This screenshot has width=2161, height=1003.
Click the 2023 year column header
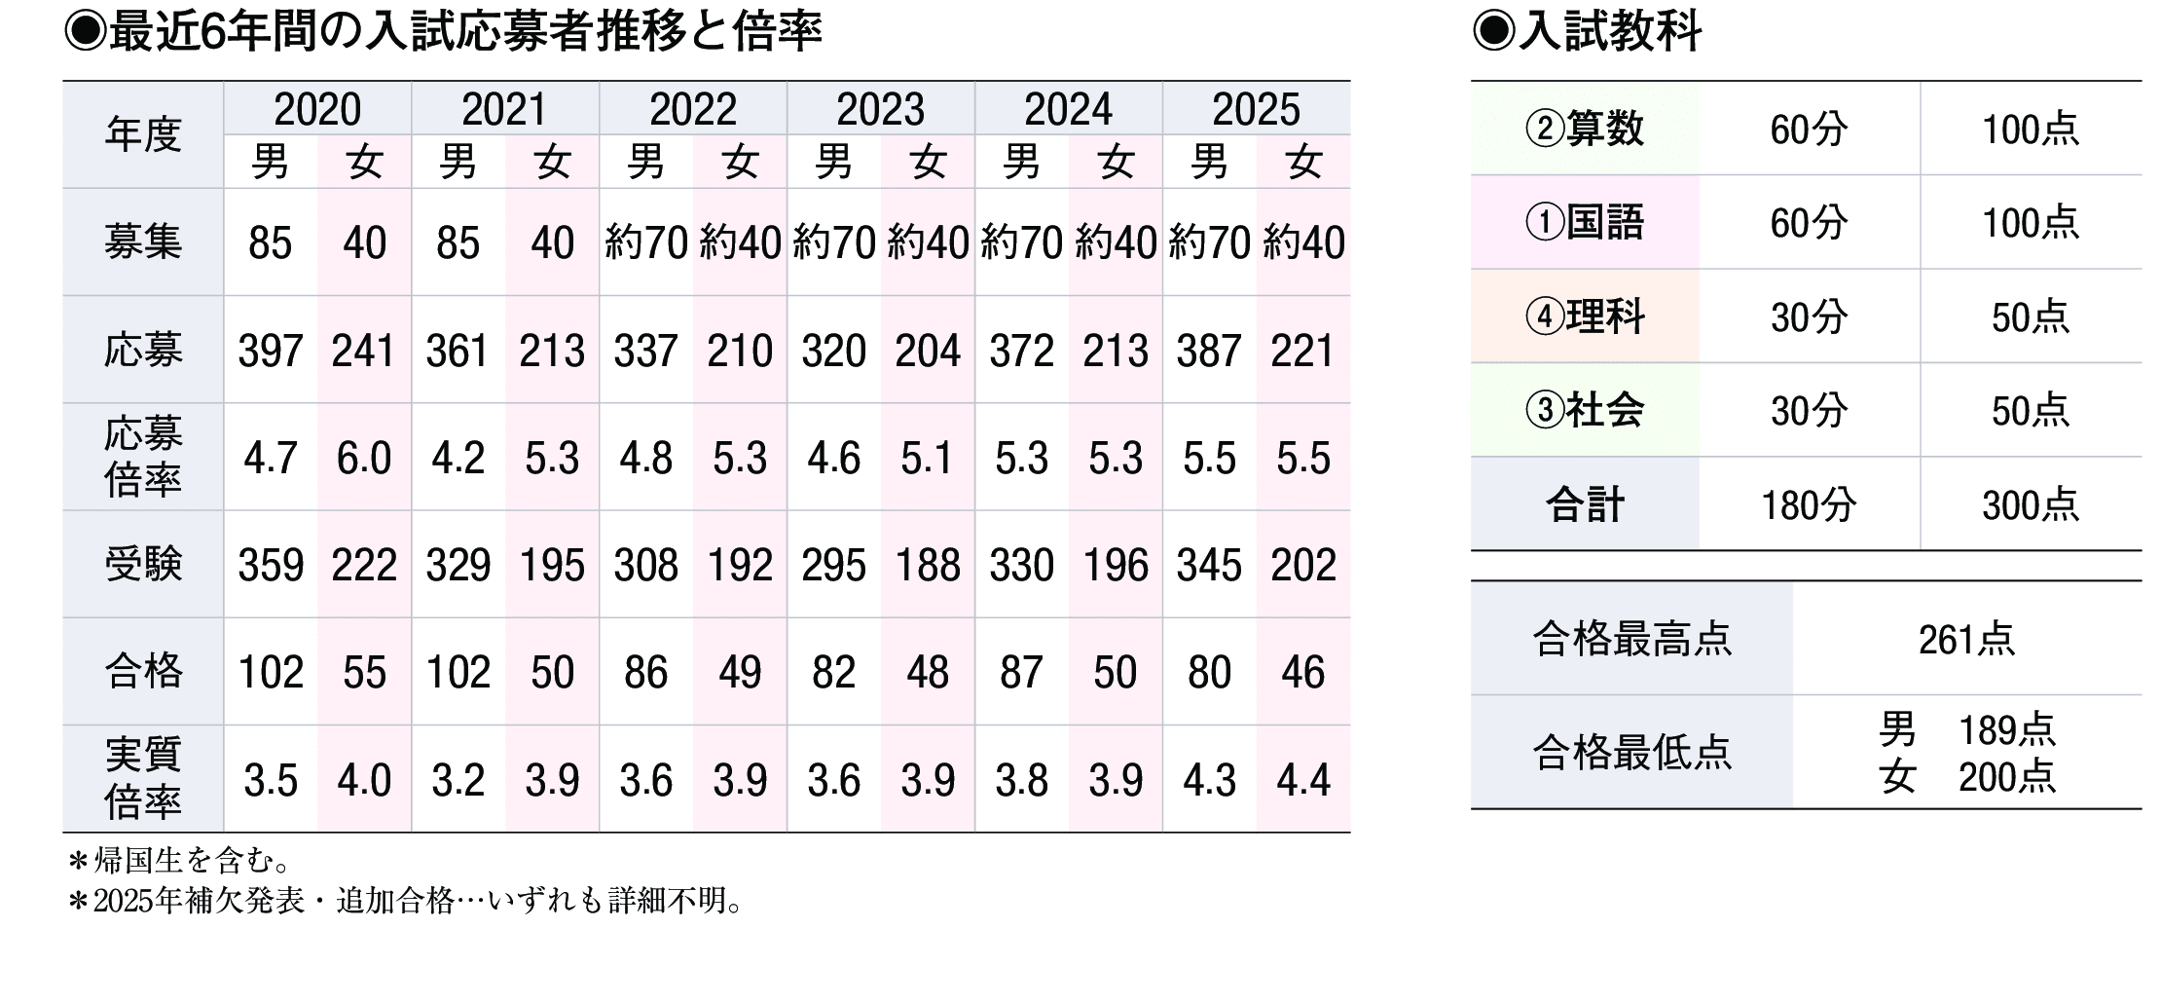coord(880,109)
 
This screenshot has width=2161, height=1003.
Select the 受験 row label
coord(143,565)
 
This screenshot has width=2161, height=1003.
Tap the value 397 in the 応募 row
coord(271,351)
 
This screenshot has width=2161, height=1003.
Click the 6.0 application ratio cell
coord(364,458)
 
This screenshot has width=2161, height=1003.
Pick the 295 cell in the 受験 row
coord(833,565)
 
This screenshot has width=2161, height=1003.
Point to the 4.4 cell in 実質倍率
coord(1302,780)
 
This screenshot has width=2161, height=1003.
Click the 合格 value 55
coord(364,672)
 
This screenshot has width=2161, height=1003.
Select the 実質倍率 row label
coord(143,779)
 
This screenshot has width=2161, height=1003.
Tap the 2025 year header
coord(1256,109)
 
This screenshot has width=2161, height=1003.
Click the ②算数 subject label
coord(1585,129)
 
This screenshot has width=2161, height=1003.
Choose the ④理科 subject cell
coord(1585,316)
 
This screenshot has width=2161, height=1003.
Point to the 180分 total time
coord(1809,505)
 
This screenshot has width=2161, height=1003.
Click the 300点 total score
coord(2031,505)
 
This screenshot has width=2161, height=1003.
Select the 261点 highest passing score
coord(1966,640)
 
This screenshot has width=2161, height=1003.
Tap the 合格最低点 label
coord(1631,753)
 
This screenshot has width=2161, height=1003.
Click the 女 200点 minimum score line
coord(1966,777)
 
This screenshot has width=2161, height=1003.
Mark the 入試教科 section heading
coord(1589,31)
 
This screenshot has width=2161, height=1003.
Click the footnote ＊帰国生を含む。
coord(180,861)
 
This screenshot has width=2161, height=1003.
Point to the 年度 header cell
coord(143,134)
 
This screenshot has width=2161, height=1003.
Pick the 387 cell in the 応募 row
coord(1209,351)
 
